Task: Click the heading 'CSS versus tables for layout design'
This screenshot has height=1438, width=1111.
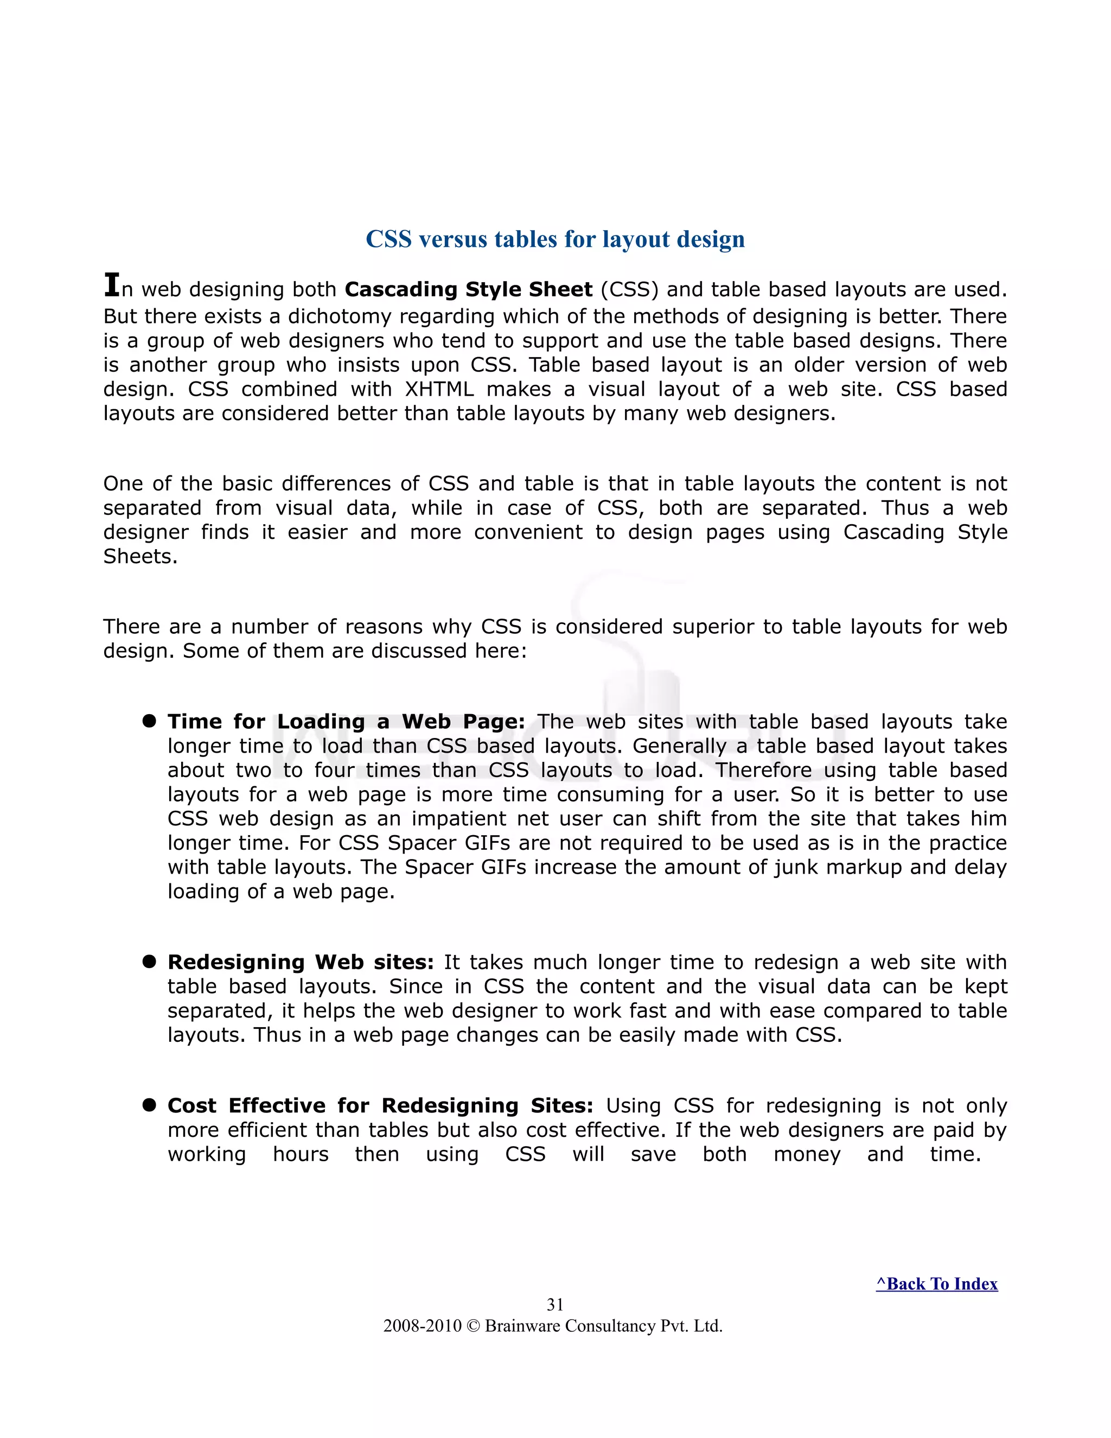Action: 555,239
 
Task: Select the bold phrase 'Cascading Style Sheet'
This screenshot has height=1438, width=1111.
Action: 469,290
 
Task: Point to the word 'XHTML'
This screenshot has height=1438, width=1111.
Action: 439,389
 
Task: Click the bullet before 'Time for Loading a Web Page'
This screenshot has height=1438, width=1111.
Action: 149,721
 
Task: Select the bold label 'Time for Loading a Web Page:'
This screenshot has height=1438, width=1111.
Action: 346,722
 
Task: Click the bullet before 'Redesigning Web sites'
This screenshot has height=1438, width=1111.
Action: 149,962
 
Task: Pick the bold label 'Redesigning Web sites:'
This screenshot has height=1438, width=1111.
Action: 300,963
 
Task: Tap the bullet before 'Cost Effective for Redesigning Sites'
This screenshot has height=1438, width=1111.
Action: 149,1105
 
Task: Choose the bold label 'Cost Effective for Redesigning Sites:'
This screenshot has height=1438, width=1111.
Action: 380,1105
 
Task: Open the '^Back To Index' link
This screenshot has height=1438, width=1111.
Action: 936,1284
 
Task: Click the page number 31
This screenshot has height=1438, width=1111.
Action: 555,1305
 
